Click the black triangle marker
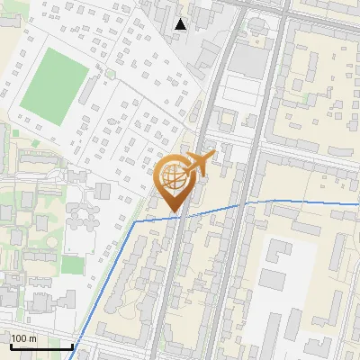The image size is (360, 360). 181,24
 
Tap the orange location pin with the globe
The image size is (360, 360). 176,184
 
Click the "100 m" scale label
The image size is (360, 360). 24,338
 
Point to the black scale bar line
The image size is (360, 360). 41,346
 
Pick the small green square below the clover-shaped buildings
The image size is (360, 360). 72,265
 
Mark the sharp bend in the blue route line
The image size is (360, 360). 135,220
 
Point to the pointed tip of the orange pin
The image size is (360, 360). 176,211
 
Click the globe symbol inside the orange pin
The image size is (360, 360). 176,178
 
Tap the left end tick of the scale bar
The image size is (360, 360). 11,345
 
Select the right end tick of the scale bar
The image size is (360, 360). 72,345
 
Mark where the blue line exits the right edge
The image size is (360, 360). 358,205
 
